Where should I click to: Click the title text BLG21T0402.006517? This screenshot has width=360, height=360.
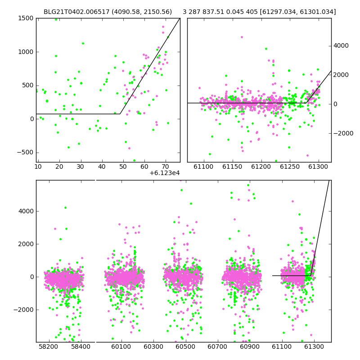76,12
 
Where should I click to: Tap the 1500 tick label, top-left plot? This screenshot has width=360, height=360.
26,18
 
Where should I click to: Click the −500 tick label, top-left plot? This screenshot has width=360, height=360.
25,153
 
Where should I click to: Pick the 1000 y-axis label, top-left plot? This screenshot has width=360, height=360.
26,52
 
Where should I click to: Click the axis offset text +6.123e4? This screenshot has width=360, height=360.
164,173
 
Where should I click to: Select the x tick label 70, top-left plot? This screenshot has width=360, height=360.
166,166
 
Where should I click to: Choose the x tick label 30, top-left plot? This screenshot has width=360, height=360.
81,166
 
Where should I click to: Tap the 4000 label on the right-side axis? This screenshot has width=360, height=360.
341,46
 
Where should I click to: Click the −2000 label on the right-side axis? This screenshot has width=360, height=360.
343,133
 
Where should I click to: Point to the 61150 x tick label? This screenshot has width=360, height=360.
232,166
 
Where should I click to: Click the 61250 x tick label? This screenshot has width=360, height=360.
290,166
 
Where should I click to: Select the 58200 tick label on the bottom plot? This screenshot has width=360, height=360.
49,346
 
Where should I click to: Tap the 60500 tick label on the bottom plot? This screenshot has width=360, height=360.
185,346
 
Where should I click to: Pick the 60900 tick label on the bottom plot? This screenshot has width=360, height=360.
250,346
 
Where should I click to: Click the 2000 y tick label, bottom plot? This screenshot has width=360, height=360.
26,244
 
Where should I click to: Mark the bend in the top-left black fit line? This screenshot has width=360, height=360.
120,114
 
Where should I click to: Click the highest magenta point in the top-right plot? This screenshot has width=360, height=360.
242,37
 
